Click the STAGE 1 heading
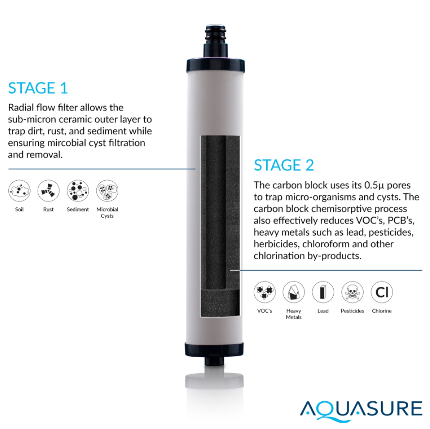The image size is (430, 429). tap(38, 88)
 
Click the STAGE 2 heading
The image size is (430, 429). tap(284, 165)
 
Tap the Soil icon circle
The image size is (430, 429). tap(19, 191)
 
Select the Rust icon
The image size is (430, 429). tap(48, 191)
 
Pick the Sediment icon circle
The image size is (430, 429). tap(78, 191)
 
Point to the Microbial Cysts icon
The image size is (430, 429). tap(107, 191)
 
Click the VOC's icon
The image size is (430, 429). tap(265, 292)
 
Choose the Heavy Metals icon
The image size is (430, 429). tap(294, 292)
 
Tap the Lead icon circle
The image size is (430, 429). tap(323, 292)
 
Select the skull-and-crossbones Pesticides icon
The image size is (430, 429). tap(353, 292)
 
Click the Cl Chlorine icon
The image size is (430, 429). tap(382, 292)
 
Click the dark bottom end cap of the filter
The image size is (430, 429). tap(214, 350)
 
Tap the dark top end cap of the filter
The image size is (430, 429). tap(215, 65)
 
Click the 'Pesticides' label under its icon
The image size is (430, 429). tap(353, 311)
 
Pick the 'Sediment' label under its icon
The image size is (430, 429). tap(78, 209)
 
